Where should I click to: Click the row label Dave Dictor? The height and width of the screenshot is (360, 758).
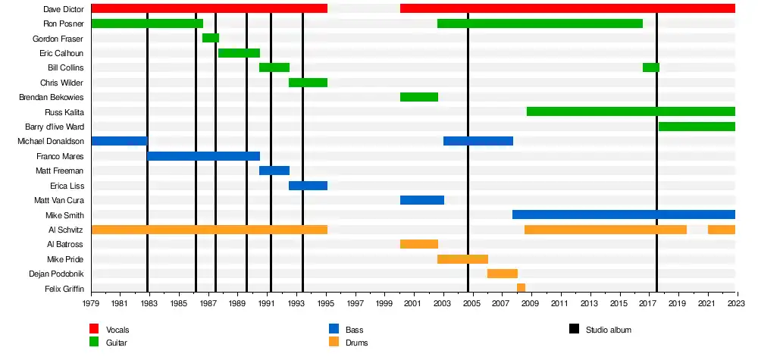(64, 9)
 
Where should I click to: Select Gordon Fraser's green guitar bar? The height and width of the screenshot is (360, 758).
(211, 38)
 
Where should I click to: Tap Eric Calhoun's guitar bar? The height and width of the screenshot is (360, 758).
(239, 53)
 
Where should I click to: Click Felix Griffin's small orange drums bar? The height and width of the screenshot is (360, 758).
(521, 288)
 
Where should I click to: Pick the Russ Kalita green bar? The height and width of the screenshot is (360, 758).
(631, 111)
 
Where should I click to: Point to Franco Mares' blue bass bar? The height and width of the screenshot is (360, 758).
(203, 156)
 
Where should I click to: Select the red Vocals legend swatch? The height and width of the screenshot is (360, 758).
(95, 329)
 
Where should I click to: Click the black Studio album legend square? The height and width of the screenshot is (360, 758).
(574, 329)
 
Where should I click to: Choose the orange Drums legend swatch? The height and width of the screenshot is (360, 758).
(334, 343)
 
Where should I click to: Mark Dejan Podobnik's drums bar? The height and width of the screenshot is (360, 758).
(502, 274)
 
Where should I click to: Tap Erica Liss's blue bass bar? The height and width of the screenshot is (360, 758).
(308, 186)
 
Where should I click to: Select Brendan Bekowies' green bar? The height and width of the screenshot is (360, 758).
(419, 97)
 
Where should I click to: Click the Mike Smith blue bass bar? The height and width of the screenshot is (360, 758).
(624, 214)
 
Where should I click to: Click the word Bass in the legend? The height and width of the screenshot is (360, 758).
(354, 330)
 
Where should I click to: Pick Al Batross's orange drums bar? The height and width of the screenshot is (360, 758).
(419, 244)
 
